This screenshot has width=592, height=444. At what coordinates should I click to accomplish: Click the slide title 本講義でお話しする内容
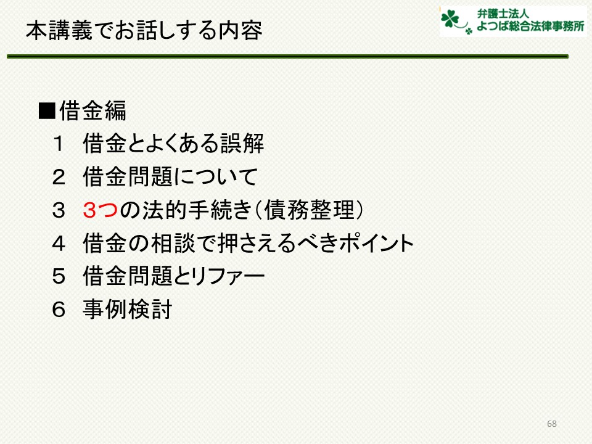[144, 30]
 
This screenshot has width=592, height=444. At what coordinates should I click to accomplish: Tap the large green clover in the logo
[450, 18]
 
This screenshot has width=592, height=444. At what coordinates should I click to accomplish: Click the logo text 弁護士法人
[503, 14]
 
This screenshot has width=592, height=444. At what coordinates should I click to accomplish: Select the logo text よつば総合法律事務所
[530, 26]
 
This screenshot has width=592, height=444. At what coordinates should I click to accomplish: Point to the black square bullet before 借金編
[47, 111]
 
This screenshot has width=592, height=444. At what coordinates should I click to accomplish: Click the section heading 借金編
[93, 111]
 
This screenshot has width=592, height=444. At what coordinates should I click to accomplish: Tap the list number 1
[59, 144]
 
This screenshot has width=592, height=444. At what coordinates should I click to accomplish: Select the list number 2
[59, 177]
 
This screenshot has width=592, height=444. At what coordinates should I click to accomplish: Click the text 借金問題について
[170, 177]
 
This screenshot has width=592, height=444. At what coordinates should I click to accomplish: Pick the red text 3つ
[101, 210]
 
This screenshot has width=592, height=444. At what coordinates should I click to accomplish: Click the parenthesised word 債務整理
[309, 210]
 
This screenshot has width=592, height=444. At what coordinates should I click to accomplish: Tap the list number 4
[59, 244]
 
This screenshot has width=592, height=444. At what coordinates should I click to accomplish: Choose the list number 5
[59, 277]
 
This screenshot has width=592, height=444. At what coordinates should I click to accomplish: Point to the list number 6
[59, 310]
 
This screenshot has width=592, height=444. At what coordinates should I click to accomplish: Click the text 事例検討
[128, 310]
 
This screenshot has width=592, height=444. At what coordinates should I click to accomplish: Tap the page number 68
[551, 424]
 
